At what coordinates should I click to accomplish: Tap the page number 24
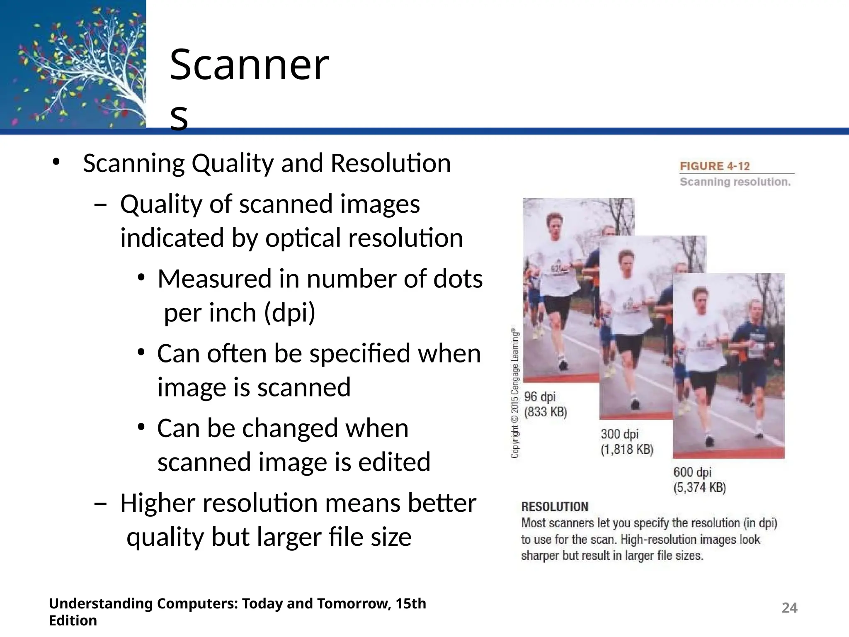coord(789,608)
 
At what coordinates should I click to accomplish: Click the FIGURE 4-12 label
coord(715,166)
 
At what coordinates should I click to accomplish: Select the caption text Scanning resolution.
coord(735,182)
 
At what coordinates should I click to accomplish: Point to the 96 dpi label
coord(540,396)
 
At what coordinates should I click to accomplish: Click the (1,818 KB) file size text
coord(627,449)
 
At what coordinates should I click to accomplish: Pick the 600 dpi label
coord(692,472)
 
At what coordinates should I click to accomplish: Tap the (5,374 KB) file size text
coord(699,487)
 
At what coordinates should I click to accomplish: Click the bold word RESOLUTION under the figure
coord(554,506)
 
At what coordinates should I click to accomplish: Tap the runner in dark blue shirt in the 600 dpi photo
coord(752,353)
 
